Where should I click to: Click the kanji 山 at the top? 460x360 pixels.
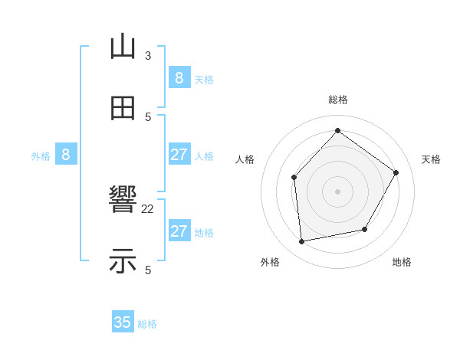123,47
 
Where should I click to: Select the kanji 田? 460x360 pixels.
123,108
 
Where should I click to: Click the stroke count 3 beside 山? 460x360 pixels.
148,56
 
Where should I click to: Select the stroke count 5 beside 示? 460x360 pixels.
148,270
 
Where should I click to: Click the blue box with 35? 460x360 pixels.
123,322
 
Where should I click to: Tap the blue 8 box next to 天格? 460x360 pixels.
179,78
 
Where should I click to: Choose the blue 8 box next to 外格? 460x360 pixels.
66,155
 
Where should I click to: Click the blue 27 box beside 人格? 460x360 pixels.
179,155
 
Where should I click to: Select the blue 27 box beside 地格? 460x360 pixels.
179,231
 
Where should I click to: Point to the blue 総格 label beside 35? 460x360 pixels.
147,324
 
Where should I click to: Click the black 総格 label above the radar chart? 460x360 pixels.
338,100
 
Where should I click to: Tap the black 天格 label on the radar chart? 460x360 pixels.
431,159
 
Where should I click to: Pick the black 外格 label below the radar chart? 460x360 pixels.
270,262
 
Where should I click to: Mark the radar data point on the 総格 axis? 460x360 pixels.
337,130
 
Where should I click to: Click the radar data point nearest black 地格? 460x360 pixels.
365,229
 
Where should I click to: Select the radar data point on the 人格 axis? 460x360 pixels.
294,178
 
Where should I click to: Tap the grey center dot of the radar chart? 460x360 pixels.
337,191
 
